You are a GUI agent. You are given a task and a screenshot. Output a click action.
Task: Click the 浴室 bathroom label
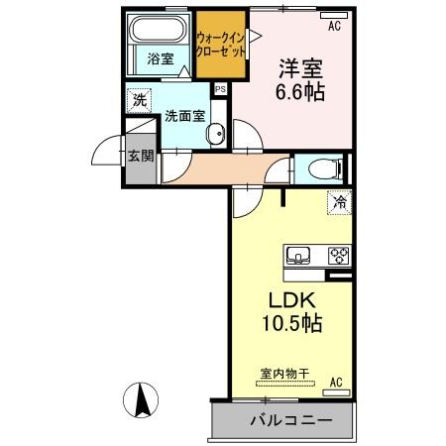162,59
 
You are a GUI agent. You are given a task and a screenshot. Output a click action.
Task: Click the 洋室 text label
300,69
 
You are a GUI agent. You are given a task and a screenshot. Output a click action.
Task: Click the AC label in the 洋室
334,26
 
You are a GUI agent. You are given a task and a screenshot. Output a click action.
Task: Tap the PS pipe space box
220,89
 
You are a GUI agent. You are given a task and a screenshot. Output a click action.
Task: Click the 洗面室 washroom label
184,114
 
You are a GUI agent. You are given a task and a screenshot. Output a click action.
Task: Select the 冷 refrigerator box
339,202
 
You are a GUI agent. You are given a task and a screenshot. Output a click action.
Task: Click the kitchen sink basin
298,256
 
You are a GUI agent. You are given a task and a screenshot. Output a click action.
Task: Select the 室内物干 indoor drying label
285,373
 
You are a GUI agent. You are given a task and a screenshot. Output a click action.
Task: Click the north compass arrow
142,398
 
